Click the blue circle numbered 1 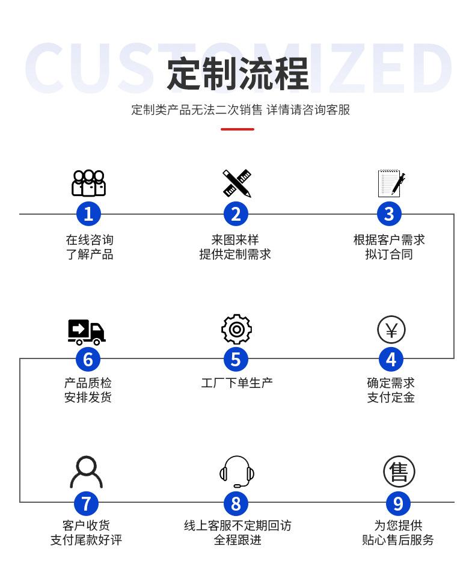[x=88, y=214]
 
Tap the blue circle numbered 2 [x=236, y=214]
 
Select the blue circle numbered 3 [x=389, y=214]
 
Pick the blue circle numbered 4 [x=391, y=359]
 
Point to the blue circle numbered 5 [x=236, y=359]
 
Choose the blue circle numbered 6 [x=88, y=359]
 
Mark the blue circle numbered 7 [x=87, y=503]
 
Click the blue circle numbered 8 [x=236, y=503]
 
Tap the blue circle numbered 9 [x=398, y=503]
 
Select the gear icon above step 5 [x=236, y=329]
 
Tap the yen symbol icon [x=391, y=330]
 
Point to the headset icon [x=237, y=472]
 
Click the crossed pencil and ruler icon [x=236, y=183]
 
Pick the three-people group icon [x=88, y=183]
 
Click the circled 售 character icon [x=399, y=472]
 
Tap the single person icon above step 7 [x=87, y=472]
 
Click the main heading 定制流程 [x=237, y=73]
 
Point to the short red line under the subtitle [x=237, y=129]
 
